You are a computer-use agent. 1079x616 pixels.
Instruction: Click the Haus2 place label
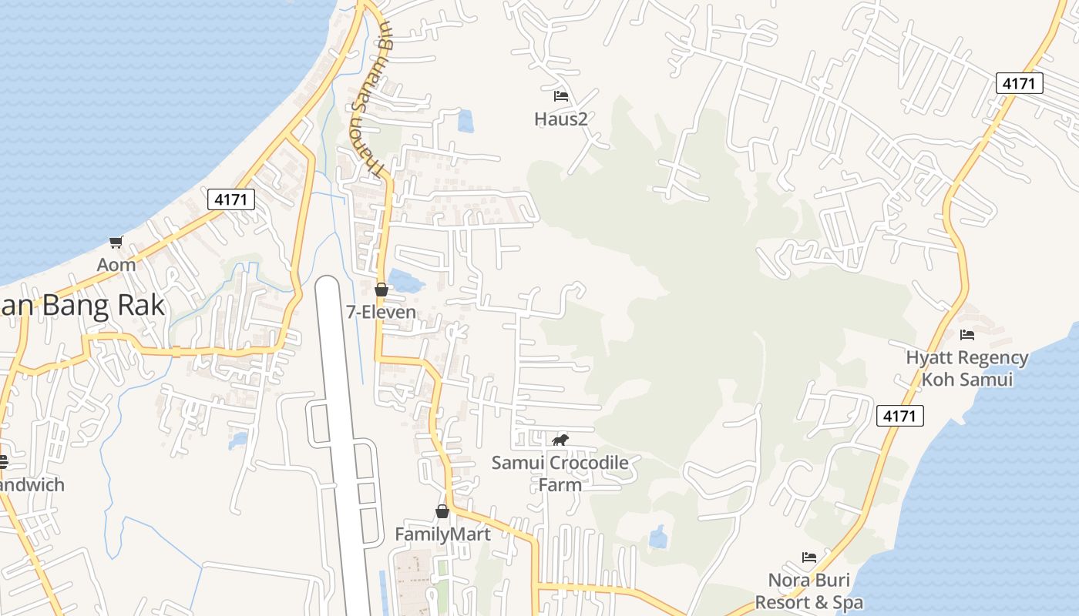pyautogui.click(x=561, y=119)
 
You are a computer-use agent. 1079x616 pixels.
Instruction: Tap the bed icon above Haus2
pyautogui.click(x=561, y=96)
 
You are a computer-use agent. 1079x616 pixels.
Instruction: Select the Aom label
pyautogui.click(x=116, y=264)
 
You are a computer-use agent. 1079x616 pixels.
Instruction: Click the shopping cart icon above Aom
pyautogui.click(x=116, y=243)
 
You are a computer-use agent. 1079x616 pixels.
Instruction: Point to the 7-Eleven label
pyautogui.click(x=381, y=312)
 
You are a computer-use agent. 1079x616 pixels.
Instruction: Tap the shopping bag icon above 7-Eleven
pyautogui.click(x=381, y=290)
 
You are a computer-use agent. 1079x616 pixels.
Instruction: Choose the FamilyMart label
pyautogui.click(x=442, y=534)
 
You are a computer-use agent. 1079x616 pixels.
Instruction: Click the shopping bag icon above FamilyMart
pyautogui.click(x=442, y=511)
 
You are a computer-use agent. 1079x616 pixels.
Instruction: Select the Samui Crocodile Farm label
pyautogui.click(x=560, y=474)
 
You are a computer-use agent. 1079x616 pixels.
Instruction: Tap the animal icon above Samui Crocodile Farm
pyautogui.click(x=560, y=440)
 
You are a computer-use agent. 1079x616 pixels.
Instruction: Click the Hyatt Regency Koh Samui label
pyautogui.click(x=966, y=368)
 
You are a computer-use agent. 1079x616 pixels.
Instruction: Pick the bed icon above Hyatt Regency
pyautogui.click(x=967, y=334)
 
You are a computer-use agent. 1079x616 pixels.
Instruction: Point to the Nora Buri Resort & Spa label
pyautogui.click(x=808, y=591)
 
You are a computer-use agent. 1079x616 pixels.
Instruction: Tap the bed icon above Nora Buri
pyautogui.click(x=808, y=557)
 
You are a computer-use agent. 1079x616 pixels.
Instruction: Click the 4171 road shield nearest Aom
pyautogui.click(x=231, y=199)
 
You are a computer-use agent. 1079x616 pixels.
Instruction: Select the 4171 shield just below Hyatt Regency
pyautogui.click(x=899, y=417)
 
